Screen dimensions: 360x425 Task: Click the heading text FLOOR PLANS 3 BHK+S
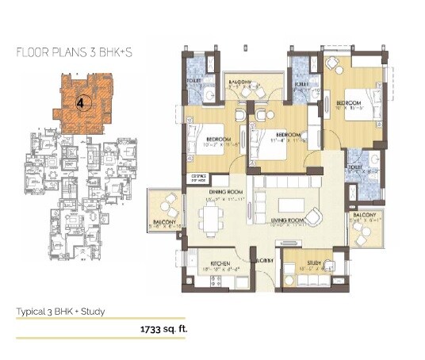(69, 53)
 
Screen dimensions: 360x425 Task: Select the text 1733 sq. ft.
(164, 326)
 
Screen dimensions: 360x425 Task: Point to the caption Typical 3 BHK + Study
(60, 311)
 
